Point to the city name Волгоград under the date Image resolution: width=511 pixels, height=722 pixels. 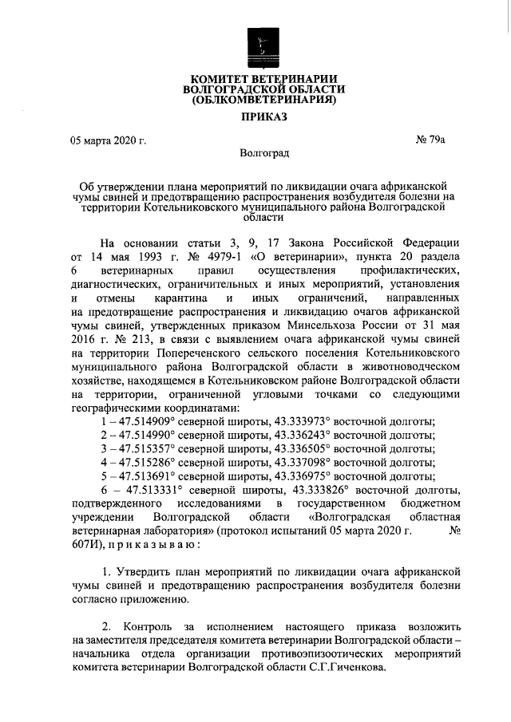pyautogui.click(x=263, y=153)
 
